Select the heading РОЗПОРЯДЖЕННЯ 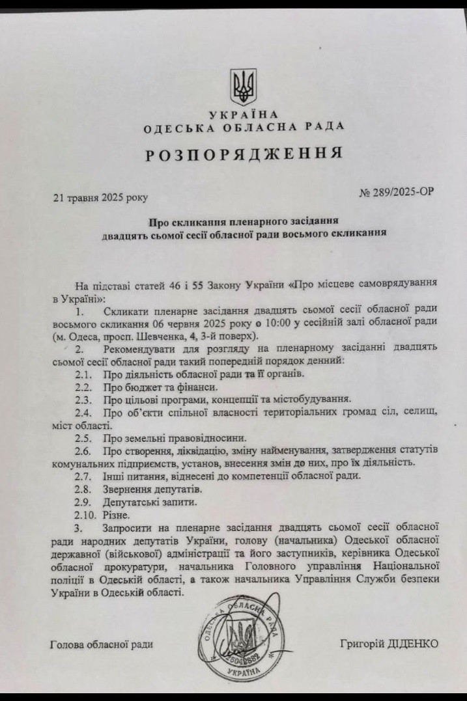pos(244,154)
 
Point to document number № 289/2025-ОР pos(396,193)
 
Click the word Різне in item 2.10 pos(116,514)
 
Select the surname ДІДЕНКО pos(415,643)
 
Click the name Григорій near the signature pos(363,643)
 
